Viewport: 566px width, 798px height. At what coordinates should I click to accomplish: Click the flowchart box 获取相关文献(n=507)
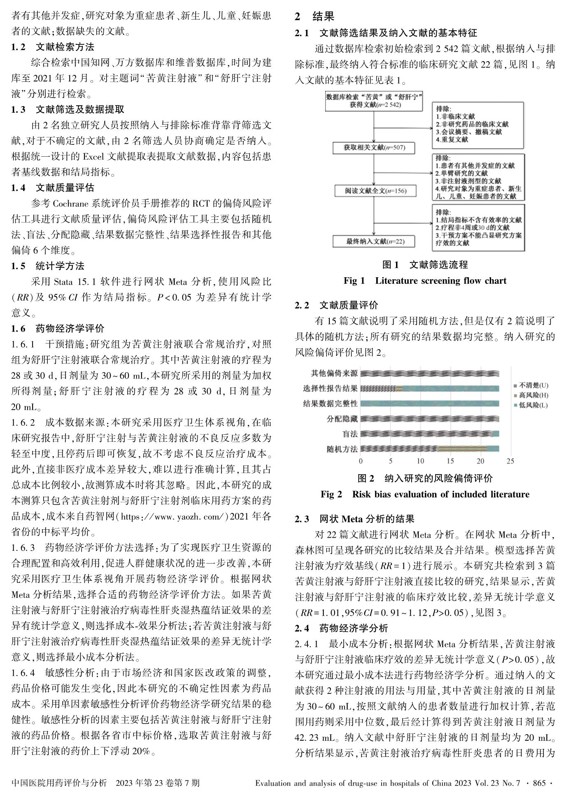pyautogui.click(x=374, y=148)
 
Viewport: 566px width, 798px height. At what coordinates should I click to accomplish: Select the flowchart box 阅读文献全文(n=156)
pyautogui.click(x=375, y=191)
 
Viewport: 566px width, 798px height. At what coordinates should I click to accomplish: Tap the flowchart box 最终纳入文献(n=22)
pyautogui.click(x=375, y=241)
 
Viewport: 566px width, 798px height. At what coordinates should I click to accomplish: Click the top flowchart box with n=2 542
pyautogui.click(x=374, y=101)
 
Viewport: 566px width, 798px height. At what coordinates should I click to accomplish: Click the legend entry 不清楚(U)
pyautogui.click(x=533, y=385)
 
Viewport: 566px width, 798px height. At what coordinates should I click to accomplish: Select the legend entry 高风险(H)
pyautogui.click(x=533, y=395)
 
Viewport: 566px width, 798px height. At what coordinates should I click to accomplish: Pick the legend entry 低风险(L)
pyautogui.click(x=533, y=405)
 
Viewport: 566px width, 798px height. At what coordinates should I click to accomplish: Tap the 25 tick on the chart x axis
pyautogui.click(x=510, y=461)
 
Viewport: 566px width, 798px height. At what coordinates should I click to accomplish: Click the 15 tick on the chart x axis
pyautogui.click(x=450, y=461)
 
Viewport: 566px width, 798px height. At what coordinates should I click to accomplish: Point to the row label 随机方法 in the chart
pyautogui.click(x=342, y=449)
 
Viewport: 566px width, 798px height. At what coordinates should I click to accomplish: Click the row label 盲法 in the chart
pyautogui.click(x=350, y=434)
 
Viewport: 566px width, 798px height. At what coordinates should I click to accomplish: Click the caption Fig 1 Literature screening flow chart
pyautogui.click(x=425, y=281)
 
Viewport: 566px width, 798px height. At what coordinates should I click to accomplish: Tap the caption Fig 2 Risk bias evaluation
pyautogui.click(x=425, y=494)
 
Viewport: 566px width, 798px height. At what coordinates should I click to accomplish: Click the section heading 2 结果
pyautogui.click(x=314, y=17)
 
